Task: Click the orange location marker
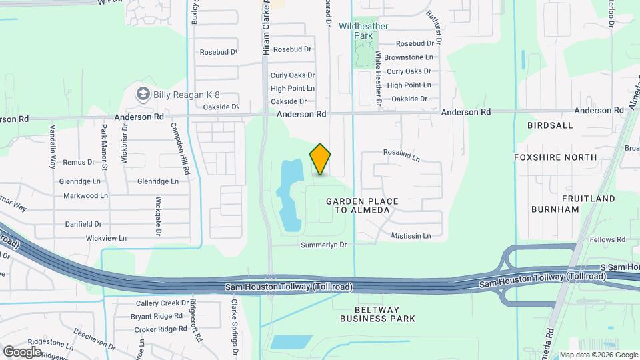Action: pos(321,159)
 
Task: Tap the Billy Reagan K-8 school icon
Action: pos(142,94)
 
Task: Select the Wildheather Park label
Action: pos(363,30)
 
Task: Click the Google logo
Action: pos(22,351)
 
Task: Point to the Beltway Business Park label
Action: pos(378,314)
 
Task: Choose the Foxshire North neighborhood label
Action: pos(555,157)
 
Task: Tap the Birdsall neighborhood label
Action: pos(550,125)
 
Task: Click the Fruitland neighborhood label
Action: pos(589,199)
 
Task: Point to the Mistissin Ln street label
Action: pos(411,235)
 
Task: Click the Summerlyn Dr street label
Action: pos(324,245)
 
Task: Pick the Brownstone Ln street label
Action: pos(409,57)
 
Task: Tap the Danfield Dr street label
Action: pos(83,224)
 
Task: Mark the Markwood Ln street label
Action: pos(85,195)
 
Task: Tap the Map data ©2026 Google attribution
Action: pos(599,355)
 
